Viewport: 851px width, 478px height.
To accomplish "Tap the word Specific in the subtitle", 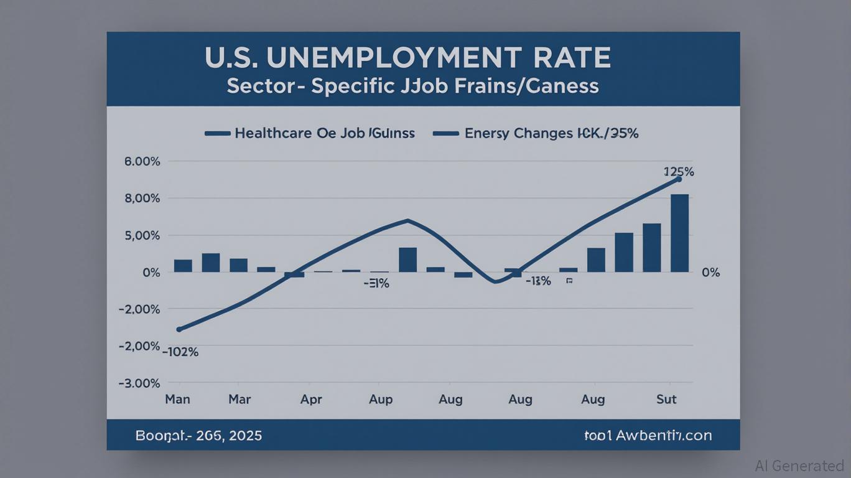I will coord(353,86).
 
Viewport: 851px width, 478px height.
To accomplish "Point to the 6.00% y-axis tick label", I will coord(142,161).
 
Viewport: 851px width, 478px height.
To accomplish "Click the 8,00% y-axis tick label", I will coord(142,199).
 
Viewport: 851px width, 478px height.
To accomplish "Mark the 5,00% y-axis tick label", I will coord(142,236).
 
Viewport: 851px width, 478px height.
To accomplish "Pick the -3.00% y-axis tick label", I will coord(139,383).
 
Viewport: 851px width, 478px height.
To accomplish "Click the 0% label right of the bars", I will coord(710,273).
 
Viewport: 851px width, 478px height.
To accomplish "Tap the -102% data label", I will coord(180,352).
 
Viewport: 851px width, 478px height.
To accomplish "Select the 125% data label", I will coord(679,172).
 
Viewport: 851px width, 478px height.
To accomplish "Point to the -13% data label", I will coord(537,281).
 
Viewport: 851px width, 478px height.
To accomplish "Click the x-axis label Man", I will coord(177,399).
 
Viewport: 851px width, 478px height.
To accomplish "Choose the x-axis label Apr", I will coord(311,400).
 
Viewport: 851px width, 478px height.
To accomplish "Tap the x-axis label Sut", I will coord(666,399).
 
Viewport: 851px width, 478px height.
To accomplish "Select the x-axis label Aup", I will coord(381,400).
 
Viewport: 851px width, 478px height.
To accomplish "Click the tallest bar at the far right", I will coord(679,233).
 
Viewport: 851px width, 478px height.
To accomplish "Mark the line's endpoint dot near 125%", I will coord(679,179).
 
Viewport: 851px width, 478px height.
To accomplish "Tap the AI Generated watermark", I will coord(799,466).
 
